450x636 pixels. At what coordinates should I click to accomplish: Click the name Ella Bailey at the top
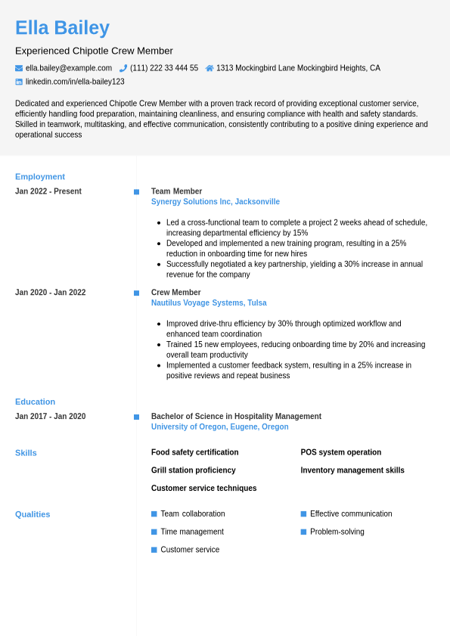[x=62, y=28]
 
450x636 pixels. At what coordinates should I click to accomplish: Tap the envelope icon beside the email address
[x=19, y=68]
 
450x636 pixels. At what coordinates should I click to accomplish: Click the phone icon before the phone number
[x=123, y=68]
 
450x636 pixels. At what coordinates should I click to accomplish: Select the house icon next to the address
[x=209, y=68]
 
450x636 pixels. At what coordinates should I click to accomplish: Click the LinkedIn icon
[x=19, y=82]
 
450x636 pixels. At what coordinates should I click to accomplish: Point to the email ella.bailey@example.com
[x=69, y=68]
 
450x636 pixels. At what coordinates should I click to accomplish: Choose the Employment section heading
[x=40, y=177]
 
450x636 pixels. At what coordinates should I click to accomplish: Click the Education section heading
[x=35, y=402]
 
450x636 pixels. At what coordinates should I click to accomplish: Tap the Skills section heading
[x=26, y=453]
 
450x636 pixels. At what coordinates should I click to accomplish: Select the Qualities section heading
[x=33, y=514]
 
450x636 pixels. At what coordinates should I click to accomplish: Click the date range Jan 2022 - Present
[x=48, y=191]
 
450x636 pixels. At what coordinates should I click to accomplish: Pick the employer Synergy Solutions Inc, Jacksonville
[x=216, y=202]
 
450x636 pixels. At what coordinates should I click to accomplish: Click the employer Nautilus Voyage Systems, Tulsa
[x=209, y=303]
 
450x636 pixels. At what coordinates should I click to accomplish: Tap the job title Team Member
[x=176, y=191]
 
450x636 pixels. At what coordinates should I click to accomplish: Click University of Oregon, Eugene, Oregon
[x=219, y=427]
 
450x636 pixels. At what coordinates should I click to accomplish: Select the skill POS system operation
[x=341, y=452]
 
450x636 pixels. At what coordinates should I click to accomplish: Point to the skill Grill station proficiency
[x=193, y=470]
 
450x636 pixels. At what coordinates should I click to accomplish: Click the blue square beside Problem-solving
[x=304, y=532]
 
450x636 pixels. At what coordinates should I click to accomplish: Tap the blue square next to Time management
[x=154, y=532]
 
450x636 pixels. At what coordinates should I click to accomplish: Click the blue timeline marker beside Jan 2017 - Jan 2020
[x=136, y=417]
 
